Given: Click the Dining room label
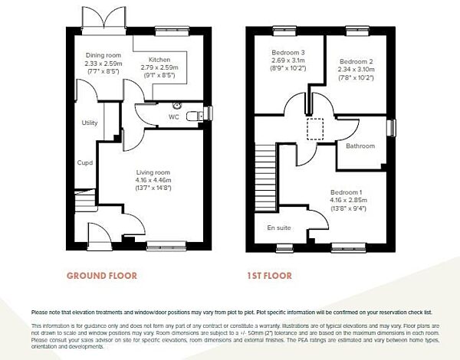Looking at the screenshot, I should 103,55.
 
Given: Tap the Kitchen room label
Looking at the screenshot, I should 159,60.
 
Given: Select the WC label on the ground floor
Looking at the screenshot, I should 175,117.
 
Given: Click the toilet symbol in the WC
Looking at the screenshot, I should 201,113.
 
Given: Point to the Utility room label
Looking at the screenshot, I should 90,123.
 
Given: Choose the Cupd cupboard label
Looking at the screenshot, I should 84,162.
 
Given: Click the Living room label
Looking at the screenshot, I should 153,172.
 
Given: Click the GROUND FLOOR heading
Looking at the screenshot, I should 102,275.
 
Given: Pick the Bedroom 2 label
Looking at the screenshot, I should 356,61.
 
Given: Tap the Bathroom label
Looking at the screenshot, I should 360,146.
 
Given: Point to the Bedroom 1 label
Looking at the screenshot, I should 347,191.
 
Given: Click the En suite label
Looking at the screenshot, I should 278,227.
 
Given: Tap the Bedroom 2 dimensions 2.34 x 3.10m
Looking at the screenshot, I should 356,69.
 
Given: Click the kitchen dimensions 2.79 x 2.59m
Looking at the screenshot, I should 159,67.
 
